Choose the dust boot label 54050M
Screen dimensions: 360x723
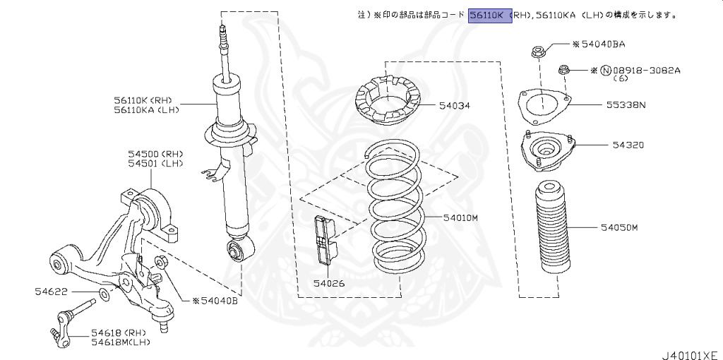(619, 227)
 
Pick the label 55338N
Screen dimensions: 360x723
(625, 104)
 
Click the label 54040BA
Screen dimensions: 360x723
(603, 44)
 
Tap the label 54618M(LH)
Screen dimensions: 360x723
(121, 342)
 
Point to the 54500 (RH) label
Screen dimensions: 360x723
(155, 153)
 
